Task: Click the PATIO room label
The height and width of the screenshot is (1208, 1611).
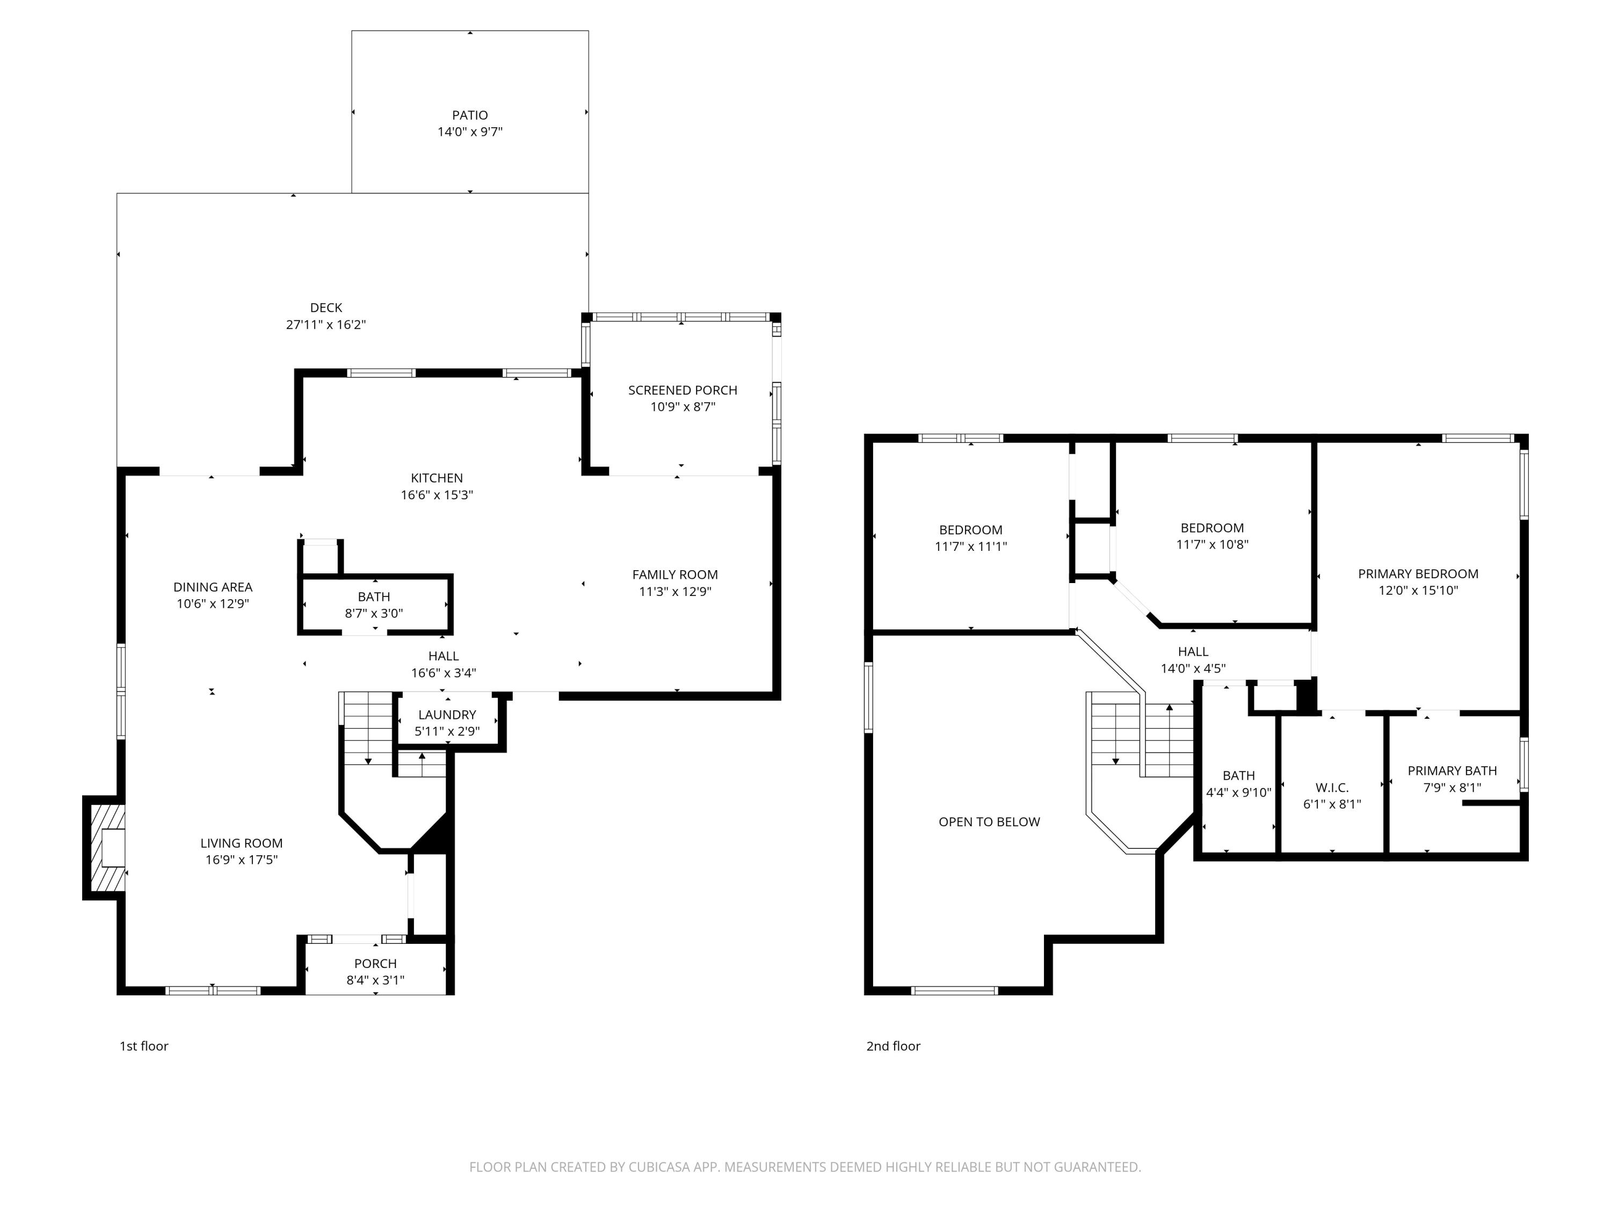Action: click(470, 115)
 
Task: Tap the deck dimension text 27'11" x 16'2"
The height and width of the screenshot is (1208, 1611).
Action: click(325, 325)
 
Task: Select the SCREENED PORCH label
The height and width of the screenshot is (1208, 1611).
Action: click(683, 390)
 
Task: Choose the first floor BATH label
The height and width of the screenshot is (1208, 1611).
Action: click(374, 596)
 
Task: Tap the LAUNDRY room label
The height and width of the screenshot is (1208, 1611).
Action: click(447, 714)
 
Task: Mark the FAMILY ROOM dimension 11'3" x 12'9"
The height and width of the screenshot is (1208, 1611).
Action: click(675, 591)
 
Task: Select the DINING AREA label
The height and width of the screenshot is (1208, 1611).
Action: click(213, 587)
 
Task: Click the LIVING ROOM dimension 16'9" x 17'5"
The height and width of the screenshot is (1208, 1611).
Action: click(241, 859)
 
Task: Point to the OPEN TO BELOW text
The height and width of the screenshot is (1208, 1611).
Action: click(989, 821)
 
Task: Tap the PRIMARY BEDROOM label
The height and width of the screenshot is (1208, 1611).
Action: click(1418, 574)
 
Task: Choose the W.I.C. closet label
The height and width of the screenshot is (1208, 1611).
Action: click(1332, 788)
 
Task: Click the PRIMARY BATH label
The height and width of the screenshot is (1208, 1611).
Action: click(1452, 770)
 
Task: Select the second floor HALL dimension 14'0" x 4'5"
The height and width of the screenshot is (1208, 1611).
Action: click(1193, 668)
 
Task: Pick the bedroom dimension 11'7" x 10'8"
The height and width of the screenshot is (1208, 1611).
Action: click(1212, 544)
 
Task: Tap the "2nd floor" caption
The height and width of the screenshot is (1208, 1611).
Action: click(893, 1046)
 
